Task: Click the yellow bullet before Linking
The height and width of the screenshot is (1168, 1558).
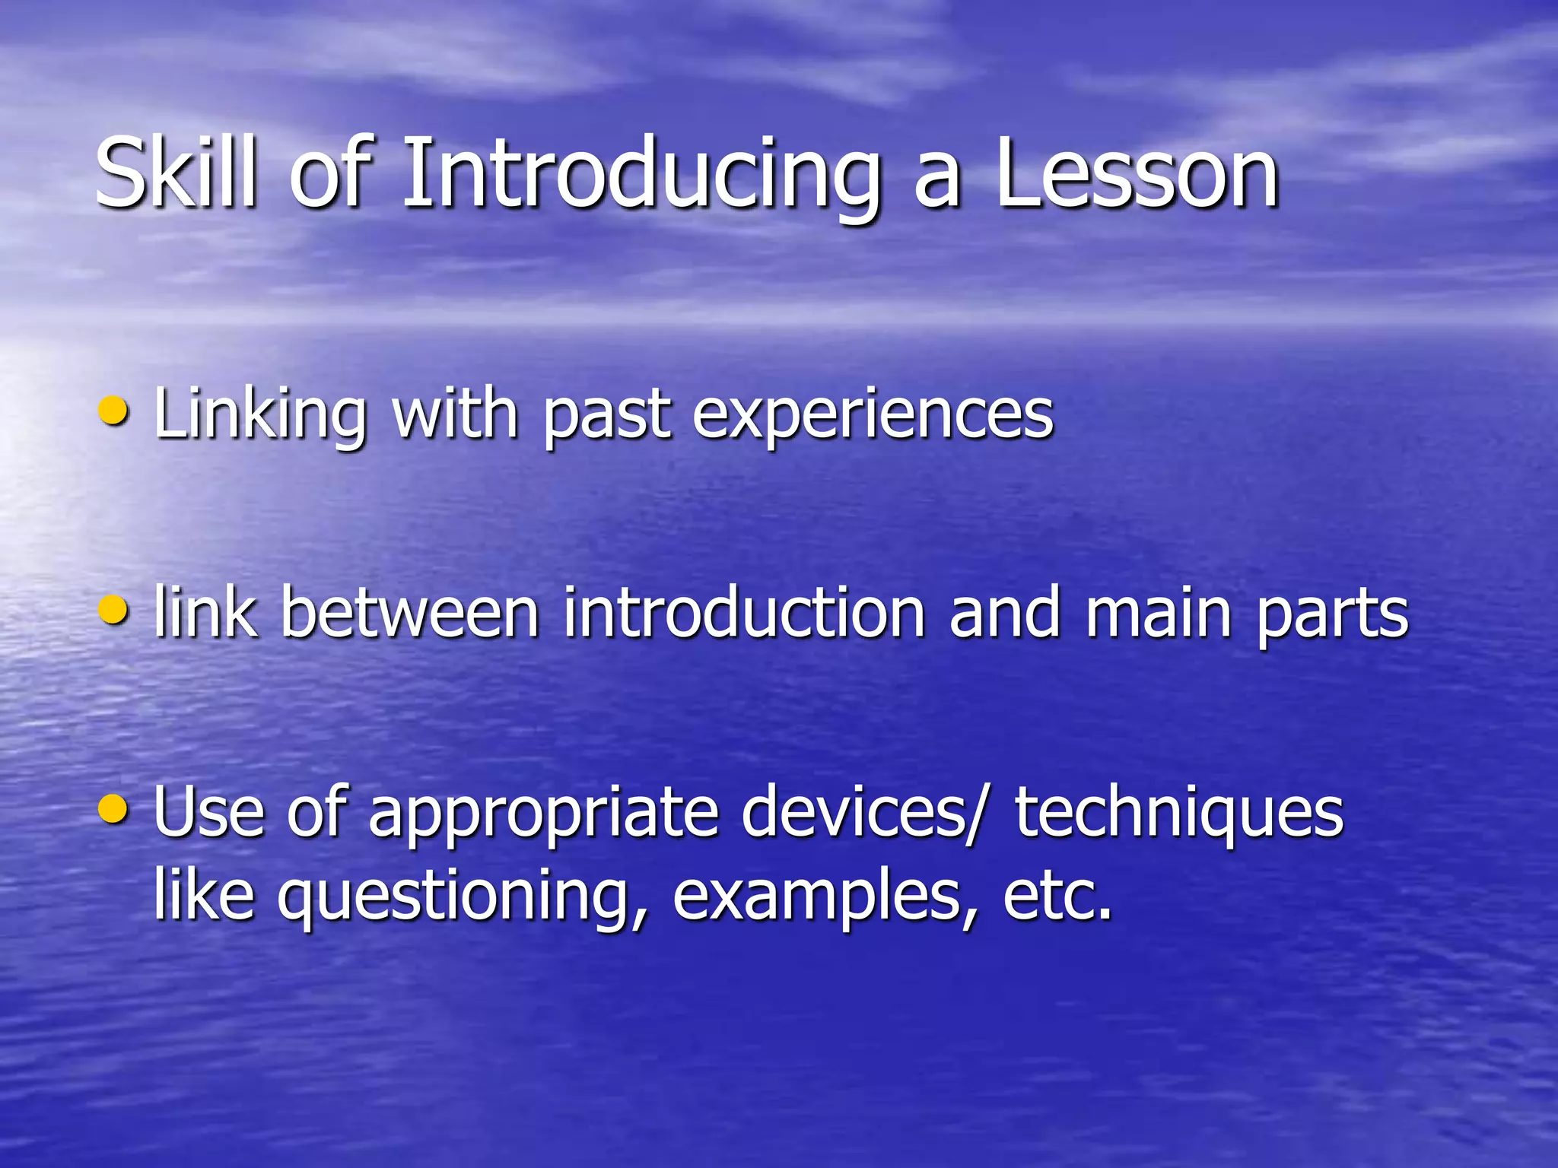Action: click(x=114, y=411)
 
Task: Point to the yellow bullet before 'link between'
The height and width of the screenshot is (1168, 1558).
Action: click(x=114, y=609)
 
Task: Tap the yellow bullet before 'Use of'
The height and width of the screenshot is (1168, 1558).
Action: click(x=114, y=809)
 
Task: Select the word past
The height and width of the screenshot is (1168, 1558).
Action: click(x=606, y=417)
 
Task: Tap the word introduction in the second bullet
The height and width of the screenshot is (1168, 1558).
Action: click(x=743, y=612)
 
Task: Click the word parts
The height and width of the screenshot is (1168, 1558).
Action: click(x=1332, y=616)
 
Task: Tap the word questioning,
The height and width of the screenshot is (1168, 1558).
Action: click(x=463, y=897)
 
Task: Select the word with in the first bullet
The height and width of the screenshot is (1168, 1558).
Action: click(x=454, y=414)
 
